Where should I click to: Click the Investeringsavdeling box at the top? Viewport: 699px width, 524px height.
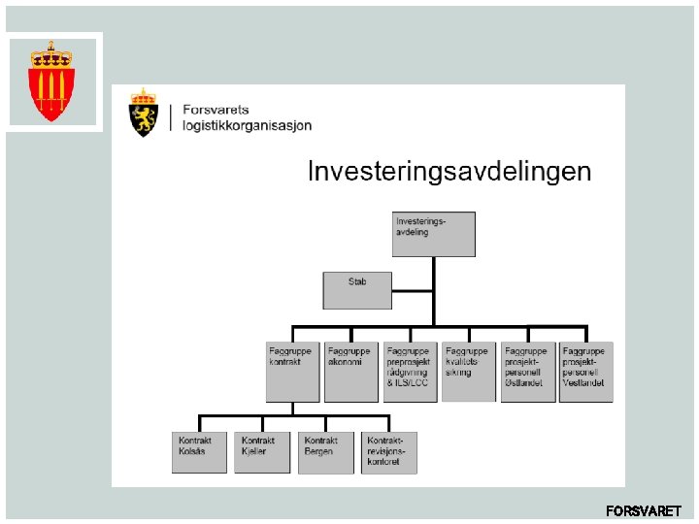tap(433, 234)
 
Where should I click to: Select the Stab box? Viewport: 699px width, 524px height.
tap(357, 289)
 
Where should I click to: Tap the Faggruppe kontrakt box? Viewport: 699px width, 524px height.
tap(292, 371)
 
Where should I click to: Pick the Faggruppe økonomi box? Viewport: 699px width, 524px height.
tap(350, 371)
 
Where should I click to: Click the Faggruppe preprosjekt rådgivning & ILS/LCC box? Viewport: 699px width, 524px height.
tap(411, 371)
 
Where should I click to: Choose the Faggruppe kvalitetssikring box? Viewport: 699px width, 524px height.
tap(468, 371)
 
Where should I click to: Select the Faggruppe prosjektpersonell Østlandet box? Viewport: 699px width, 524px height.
tap(527, 371)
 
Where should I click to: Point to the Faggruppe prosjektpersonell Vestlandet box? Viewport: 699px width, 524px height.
tap(585, 371)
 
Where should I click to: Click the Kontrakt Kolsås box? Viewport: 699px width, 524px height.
tap(200, 452)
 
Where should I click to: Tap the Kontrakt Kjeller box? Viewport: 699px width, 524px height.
tap(262, 452)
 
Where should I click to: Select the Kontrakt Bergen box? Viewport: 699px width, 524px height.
tap(325, 452)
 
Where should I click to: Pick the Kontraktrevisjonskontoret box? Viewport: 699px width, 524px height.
tap(388, 452)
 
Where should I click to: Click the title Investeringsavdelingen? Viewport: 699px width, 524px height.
tap(449, 172)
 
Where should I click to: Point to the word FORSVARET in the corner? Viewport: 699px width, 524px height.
tap(643, 510)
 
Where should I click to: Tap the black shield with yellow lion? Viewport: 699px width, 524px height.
tap(144, 117)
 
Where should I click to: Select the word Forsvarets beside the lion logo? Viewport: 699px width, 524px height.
tap(216, 110)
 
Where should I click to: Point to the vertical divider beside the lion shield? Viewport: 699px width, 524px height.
tap(171, 116)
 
